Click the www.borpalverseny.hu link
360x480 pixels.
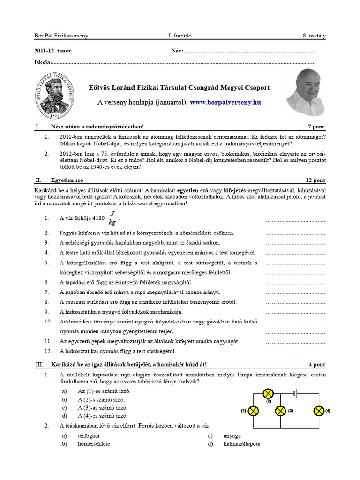(225, 102)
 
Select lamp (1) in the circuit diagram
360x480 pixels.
(253, 411)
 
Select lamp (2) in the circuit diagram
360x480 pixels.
(268, 393)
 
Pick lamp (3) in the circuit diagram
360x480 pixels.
(280, 411)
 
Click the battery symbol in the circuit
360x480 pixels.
(295, 393)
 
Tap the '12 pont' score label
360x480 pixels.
(315, 180)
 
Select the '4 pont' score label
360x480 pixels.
(316, 364)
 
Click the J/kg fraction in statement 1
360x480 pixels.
(112, 218)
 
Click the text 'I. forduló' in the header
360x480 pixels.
(180, 36)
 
